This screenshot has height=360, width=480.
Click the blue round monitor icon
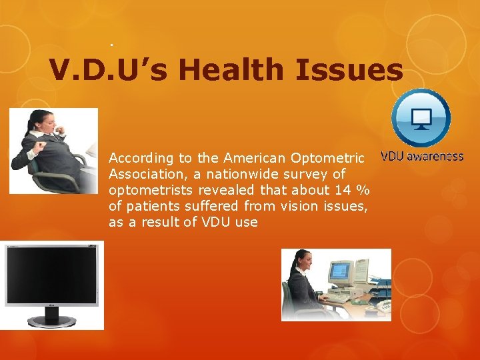pyautogui.click(x=421, y=119)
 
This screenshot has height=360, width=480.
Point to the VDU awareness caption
pyautogui.click(x=421, y=157)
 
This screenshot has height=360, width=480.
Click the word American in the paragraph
pyautogui.click(x=254, y=158)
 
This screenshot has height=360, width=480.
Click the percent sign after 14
pyautogui.click(x=363, y=190)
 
